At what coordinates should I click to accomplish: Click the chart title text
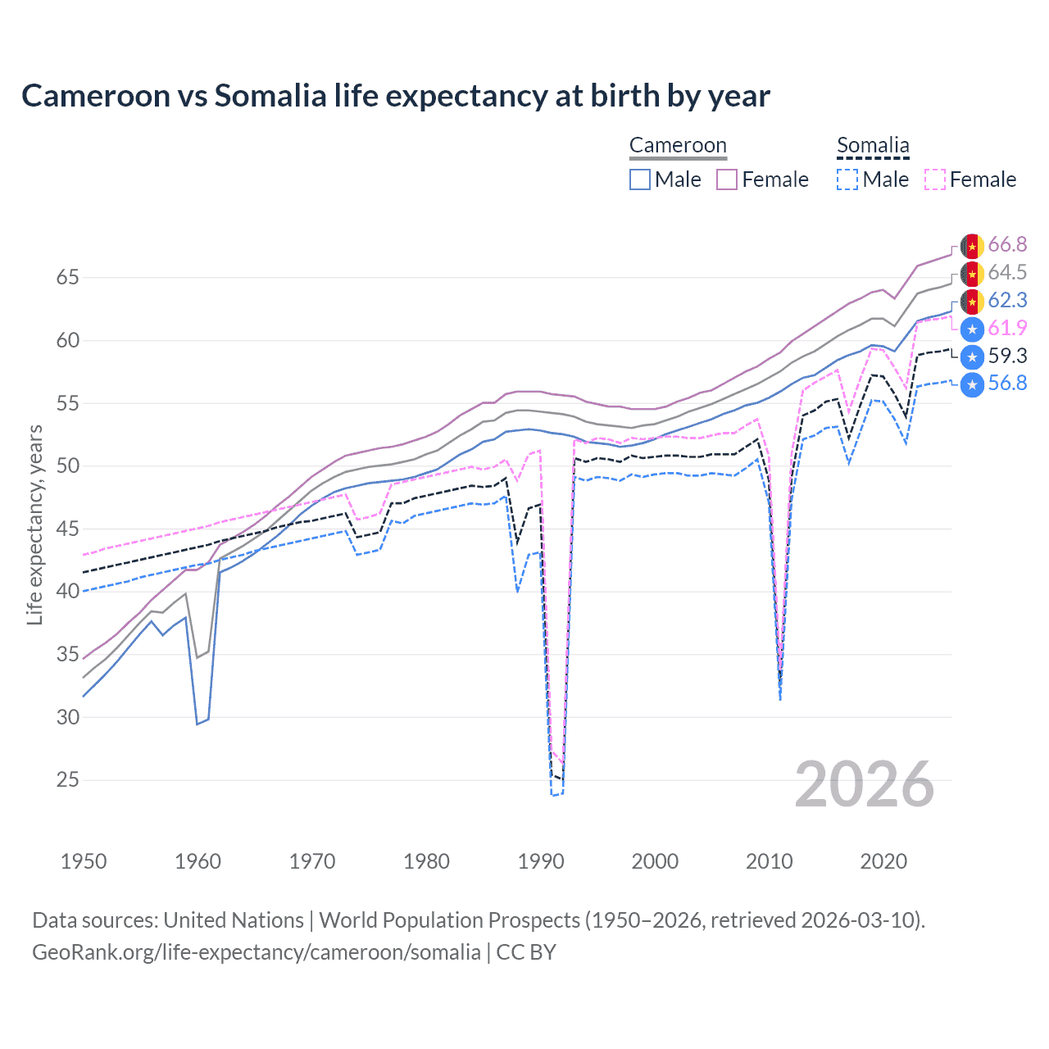(395, 96)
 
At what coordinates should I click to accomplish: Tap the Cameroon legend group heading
(678, 146)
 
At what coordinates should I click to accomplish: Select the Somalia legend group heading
(873, 146)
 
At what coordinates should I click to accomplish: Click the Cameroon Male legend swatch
(640, 179)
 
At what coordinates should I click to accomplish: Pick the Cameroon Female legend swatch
(727, 179)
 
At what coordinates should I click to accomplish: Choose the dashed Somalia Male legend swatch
(847, 179)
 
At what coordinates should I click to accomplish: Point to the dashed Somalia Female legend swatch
(935, 179)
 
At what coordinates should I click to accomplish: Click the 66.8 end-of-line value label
(1007, 245)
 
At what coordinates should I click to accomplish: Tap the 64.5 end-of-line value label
(1007, 273)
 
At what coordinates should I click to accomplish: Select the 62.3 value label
(1007, 301)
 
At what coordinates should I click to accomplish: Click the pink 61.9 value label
(1007, 329)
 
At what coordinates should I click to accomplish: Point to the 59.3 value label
(1007, 356)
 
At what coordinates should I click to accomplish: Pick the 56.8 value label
(1007, 384)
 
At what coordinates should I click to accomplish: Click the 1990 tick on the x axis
(541, 861)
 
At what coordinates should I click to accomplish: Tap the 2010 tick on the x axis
(769, 861)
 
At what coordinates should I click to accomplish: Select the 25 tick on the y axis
(68, 780)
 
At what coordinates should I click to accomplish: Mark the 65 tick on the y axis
(68, 278)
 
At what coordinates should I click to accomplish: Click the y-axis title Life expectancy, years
(35, 524)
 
